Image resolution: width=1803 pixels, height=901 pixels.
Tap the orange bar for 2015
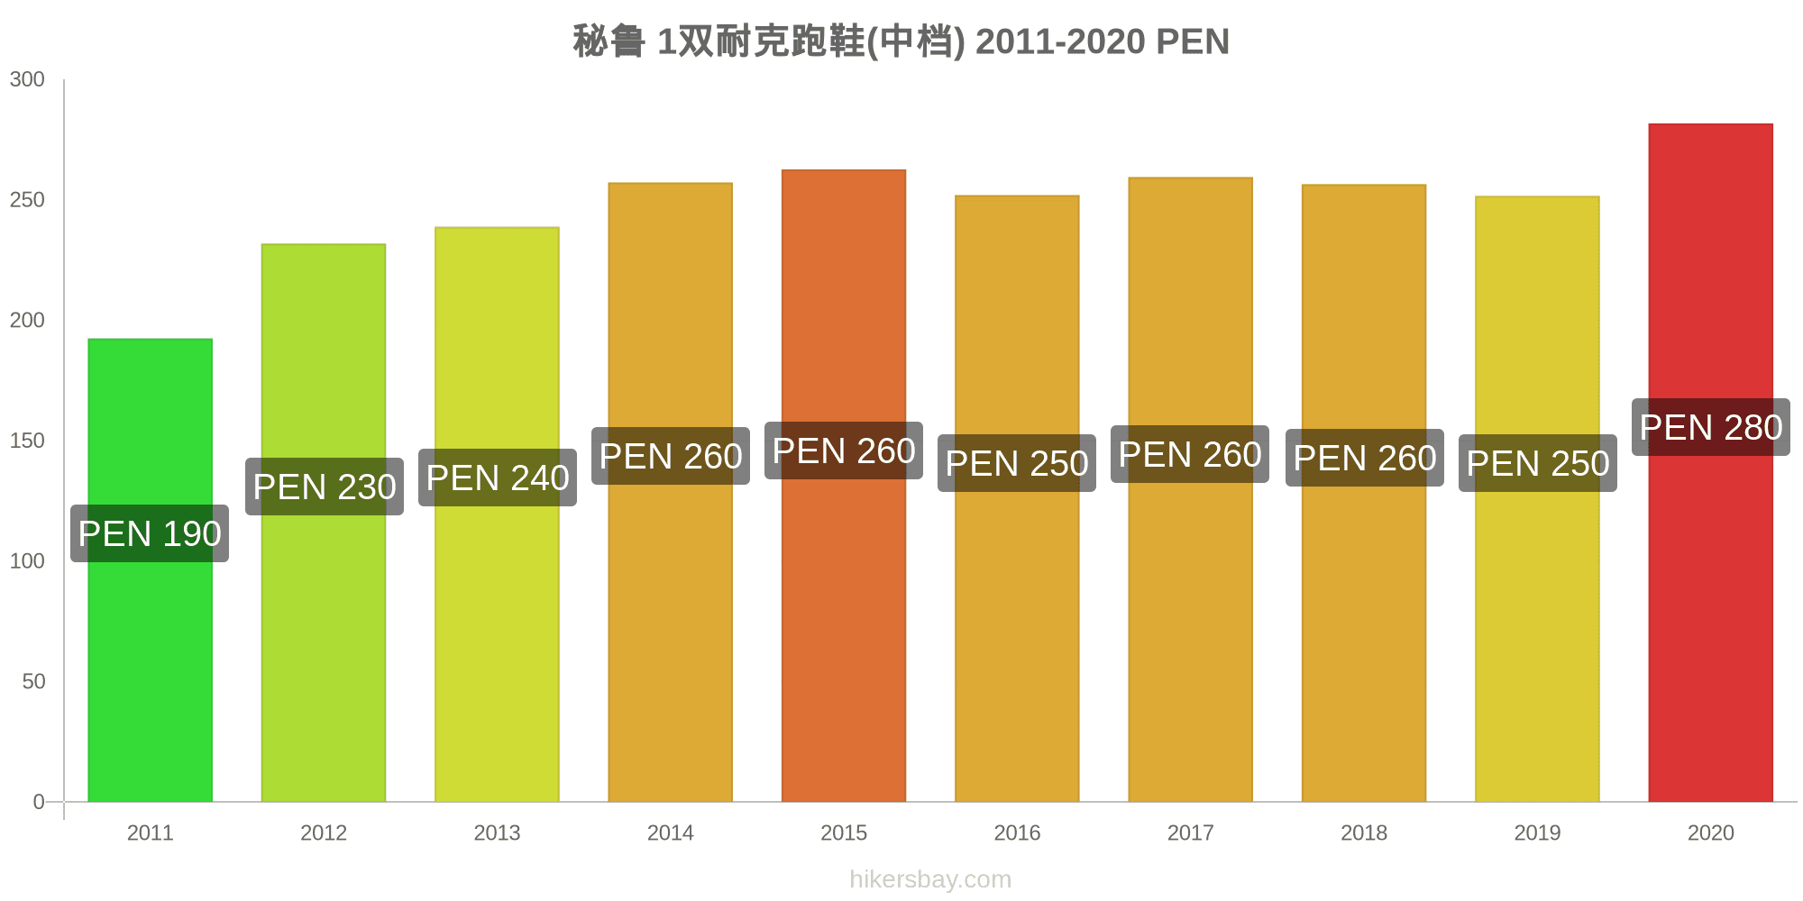843,631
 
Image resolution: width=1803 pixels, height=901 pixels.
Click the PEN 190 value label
150,533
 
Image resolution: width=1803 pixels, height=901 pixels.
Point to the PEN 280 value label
1710,427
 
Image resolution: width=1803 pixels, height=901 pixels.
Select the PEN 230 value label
324,487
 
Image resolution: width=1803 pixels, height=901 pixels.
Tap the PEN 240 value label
497,478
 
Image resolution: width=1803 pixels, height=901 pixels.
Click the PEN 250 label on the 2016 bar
1016,463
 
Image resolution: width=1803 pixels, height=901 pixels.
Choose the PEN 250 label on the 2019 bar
1537,463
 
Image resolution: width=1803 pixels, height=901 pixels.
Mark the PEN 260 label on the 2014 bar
670,456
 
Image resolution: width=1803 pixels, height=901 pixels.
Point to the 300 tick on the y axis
27,79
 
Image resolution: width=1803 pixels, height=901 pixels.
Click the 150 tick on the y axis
27,441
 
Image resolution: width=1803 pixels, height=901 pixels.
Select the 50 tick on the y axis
33,681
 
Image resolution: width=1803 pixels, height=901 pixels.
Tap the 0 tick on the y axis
39,802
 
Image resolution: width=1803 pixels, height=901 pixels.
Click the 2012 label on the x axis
324,833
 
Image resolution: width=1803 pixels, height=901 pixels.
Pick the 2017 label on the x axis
1190,833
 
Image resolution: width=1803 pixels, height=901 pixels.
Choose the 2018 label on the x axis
1363,833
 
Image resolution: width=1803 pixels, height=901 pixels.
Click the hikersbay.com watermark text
930,879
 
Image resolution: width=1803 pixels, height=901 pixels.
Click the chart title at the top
901,41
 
